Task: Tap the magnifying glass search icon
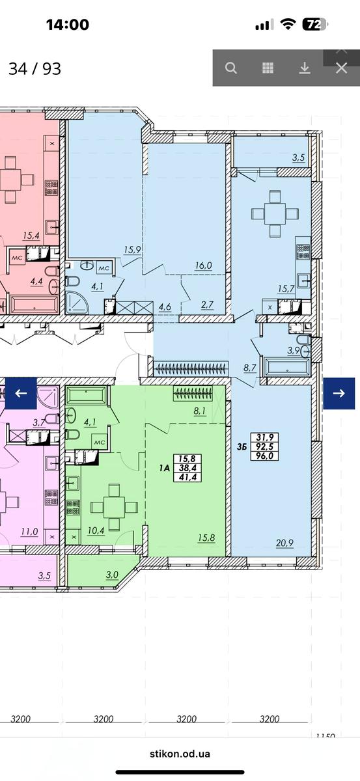point(231,68)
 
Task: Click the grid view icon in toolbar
point(268,68)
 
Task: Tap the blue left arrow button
point(21,393)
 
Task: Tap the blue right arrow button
point(339,393)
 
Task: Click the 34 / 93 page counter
point(35,69)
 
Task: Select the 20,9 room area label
point(284,543)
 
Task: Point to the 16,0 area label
point(203,266)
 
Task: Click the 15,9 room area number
point(132,250)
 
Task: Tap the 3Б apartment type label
point(242,446)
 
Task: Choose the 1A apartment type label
point(164,468)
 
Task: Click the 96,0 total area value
point(264,456)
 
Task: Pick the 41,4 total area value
point(187,477)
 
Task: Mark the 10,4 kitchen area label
point(96,530)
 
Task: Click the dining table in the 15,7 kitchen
point(275,213)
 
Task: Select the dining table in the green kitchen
point(114,506)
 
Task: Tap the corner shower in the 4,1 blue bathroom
point(77,302)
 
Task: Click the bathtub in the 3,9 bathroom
point(288,367)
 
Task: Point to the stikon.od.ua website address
point(180,754)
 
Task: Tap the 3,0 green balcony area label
point(113,575)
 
